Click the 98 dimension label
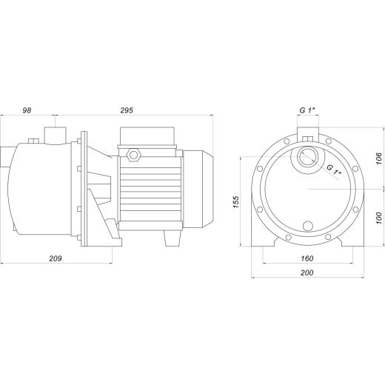click(x=27, y=110)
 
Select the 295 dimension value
click(x=127, y=110)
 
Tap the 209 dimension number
click(x=56, y=258)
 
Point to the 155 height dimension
click(x=236, y=202)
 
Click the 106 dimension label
click(x=378, y=158)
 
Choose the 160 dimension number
click(x=307, y=258)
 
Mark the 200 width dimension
click(x=307, y=272)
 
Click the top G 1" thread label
click(x=307, y=110)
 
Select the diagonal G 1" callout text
click(x=334, y=170)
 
